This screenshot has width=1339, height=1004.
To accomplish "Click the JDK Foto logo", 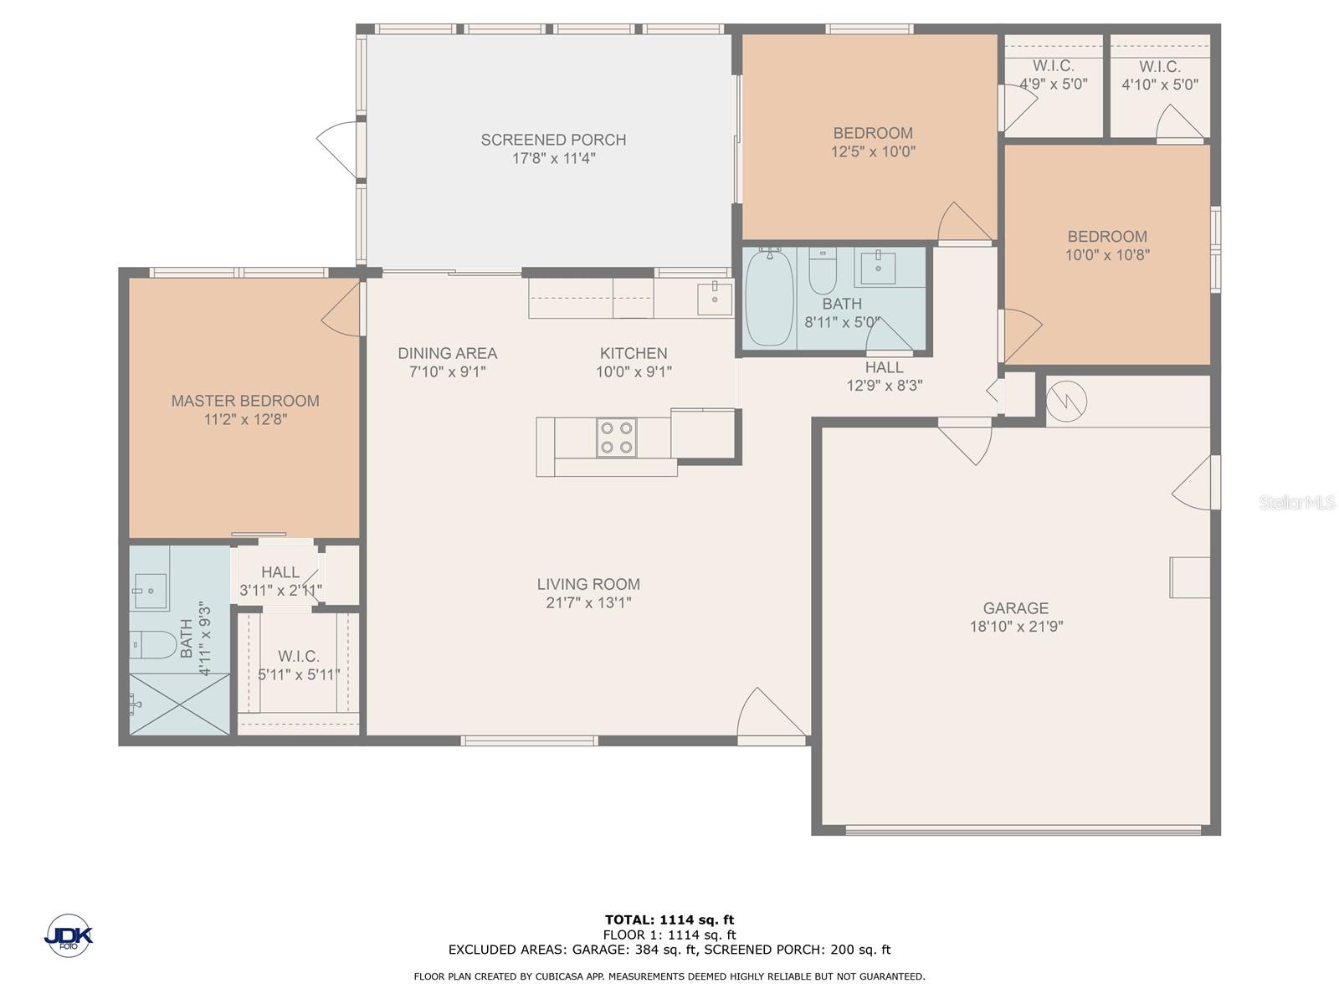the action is coord(69,935).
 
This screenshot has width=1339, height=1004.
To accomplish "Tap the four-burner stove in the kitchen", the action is coord(616,437).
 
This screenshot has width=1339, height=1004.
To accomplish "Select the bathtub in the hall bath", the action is coord(769,298).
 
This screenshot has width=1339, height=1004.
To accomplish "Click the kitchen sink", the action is coord(715,299).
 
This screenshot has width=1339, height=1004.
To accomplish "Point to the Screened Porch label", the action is coord(553,140).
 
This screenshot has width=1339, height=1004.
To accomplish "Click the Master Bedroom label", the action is coord(245,401).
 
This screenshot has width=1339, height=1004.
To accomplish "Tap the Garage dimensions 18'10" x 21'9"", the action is coord(1016,626).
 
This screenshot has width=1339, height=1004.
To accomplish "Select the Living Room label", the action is coord(588,584).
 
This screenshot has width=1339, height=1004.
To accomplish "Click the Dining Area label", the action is coord(447,353).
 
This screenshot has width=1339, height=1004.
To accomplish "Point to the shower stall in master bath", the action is coord(180,704).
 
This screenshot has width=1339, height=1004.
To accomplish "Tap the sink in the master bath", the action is coord(150,591).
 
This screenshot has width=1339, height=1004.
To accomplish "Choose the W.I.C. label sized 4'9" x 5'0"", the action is coord(1054,66).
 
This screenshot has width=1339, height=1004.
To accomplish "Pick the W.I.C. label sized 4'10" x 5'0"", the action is coord(1160,66).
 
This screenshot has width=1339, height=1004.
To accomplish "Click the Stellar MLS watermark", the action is coord(1296,502).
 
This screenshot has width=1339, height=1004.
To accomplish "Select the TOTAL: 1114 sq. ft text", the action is coord(669,919).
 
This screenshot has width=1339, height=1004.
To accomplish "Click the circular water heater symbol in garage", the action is coord(1067,401).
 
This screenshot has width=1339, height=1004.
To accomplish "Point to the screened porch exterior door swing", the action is coord(336,150).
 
